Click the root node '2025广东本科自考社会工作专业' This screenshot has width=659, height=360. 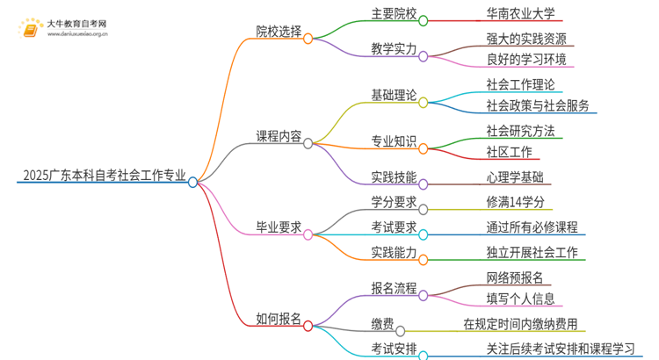pyautogui.click(x=101, y=176)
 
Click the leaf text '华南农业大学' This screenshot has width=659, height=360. pyautogui.click(x=520, y=14)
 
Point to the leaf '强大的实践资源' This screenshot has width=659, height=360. pyautogui.click(x=526, y=39)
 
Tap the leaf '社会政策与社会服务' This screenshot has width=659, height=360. pyautogui.click(x=538, y=106)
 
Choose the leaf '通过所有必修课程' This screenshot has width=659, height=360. pyautogui.click(x=532, y=227)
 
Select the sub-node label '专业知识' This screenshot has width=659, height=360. pyautogui.click(x=394, y=141)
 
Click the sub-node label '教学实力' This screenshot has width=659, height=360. pyautogui.click(x=394, y=50)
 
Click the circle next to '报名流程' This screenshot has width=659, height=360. pyautogui.click(x=424, y=289)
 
